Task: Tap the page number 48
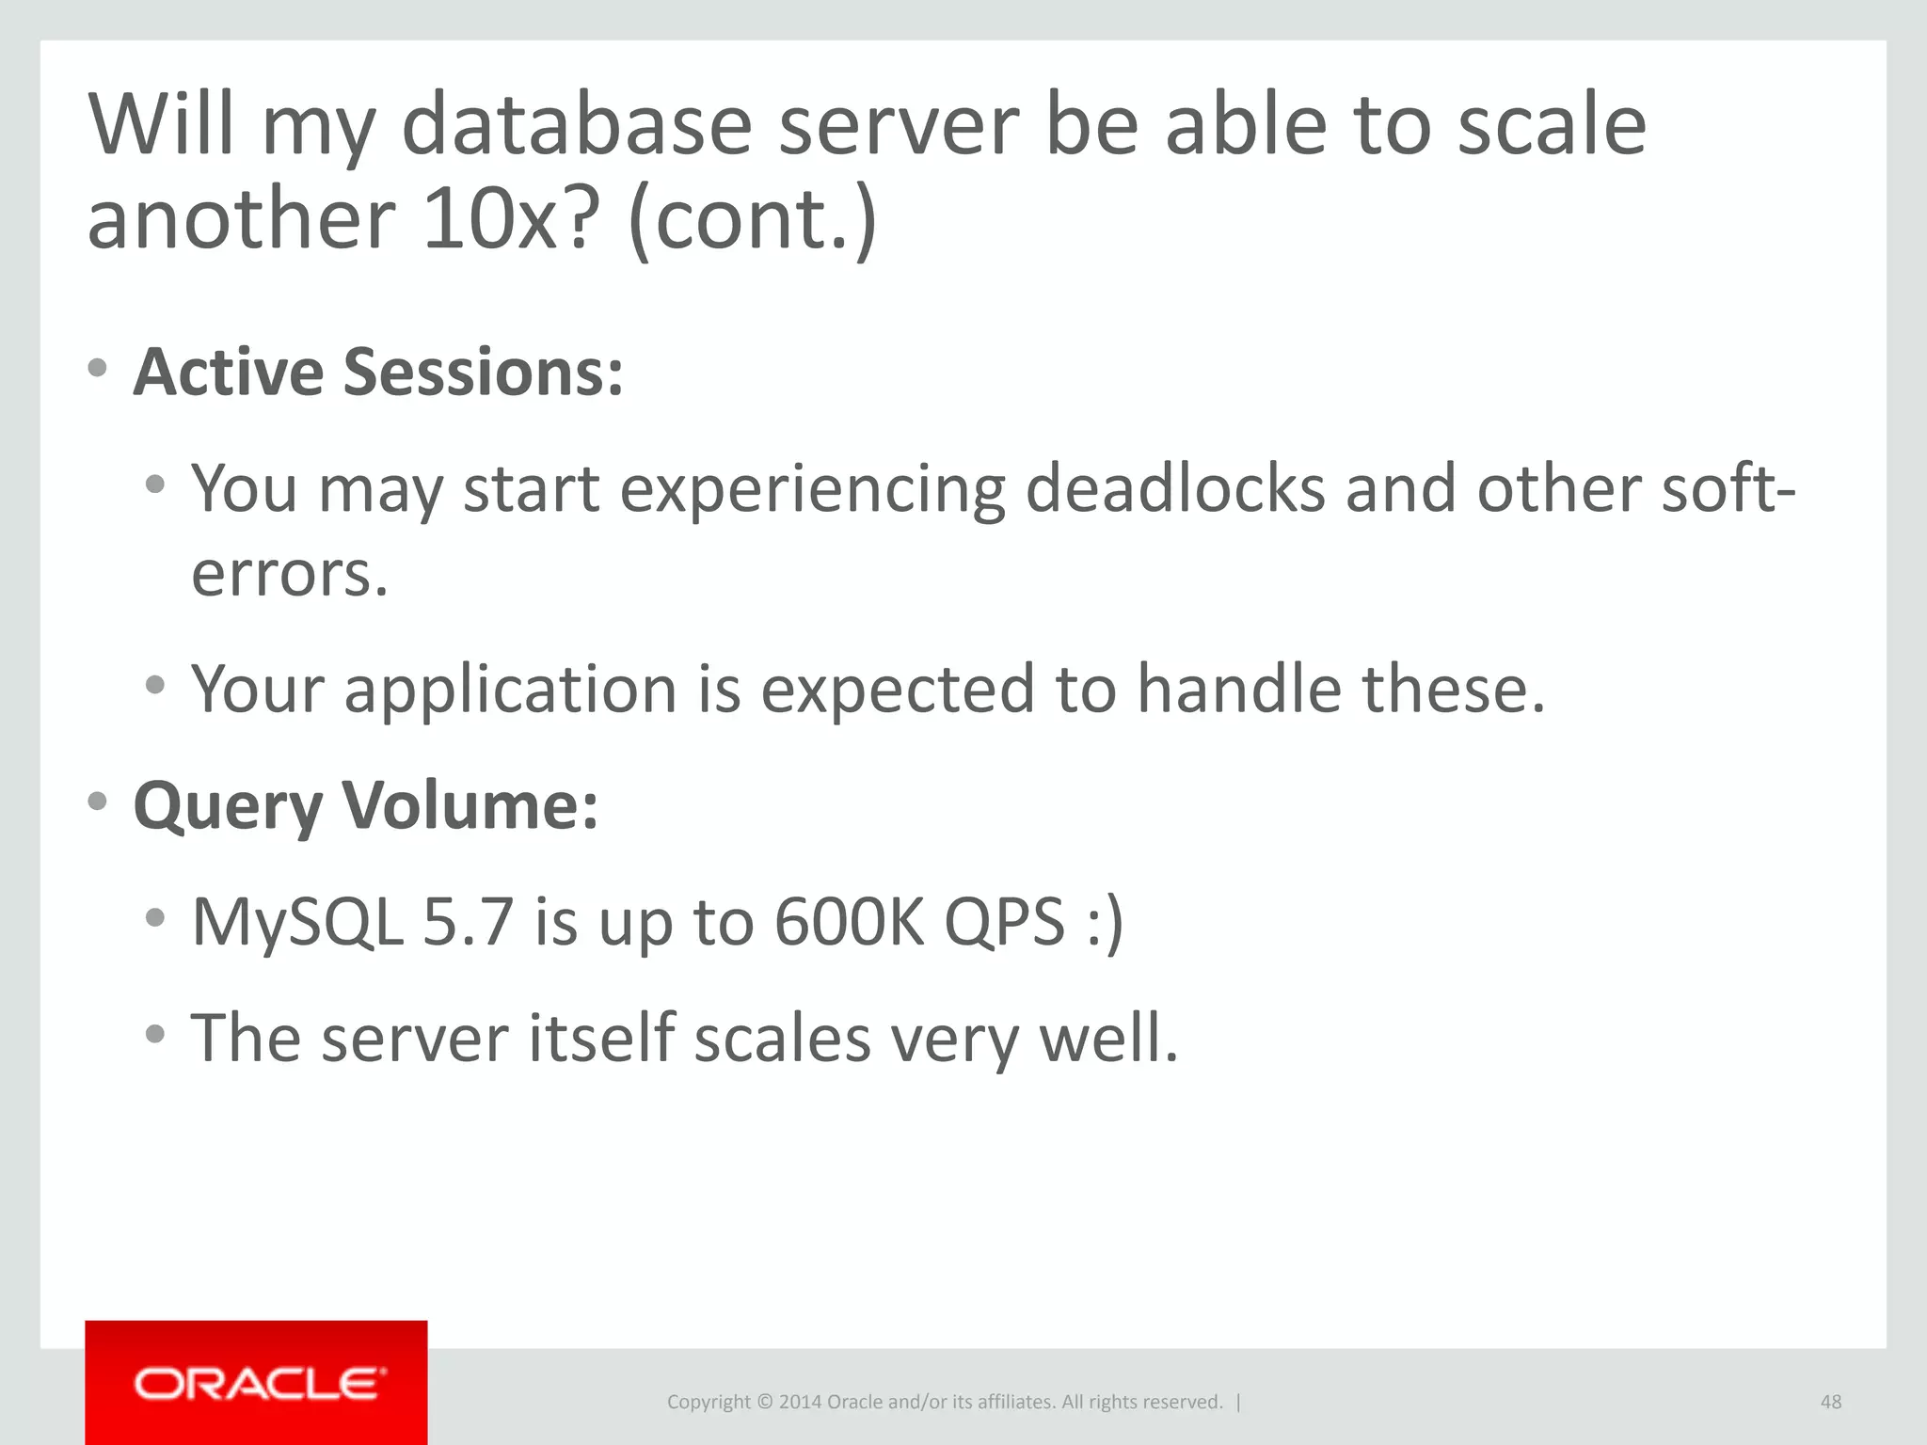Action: [1830, 1402]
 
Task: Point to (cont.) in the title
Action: [752, 219]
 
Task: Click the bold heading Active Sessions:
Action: [377, 373]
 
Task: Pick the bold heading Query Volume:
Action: [366, 806]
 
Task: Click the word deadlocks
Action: [1174, 488]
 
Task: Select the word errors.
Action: [289, 573]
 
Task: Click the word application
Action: [510, 690]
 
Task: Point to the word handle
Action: [1239, 690]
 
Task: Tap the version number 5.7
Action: [468, 922]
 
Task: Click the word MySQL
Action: [296, 922]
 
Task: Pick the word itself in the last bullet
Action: [600, 1039]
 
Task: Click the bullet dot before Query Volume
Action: [97, 802]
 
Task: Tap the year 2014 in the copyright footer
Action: [800, 1402]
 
